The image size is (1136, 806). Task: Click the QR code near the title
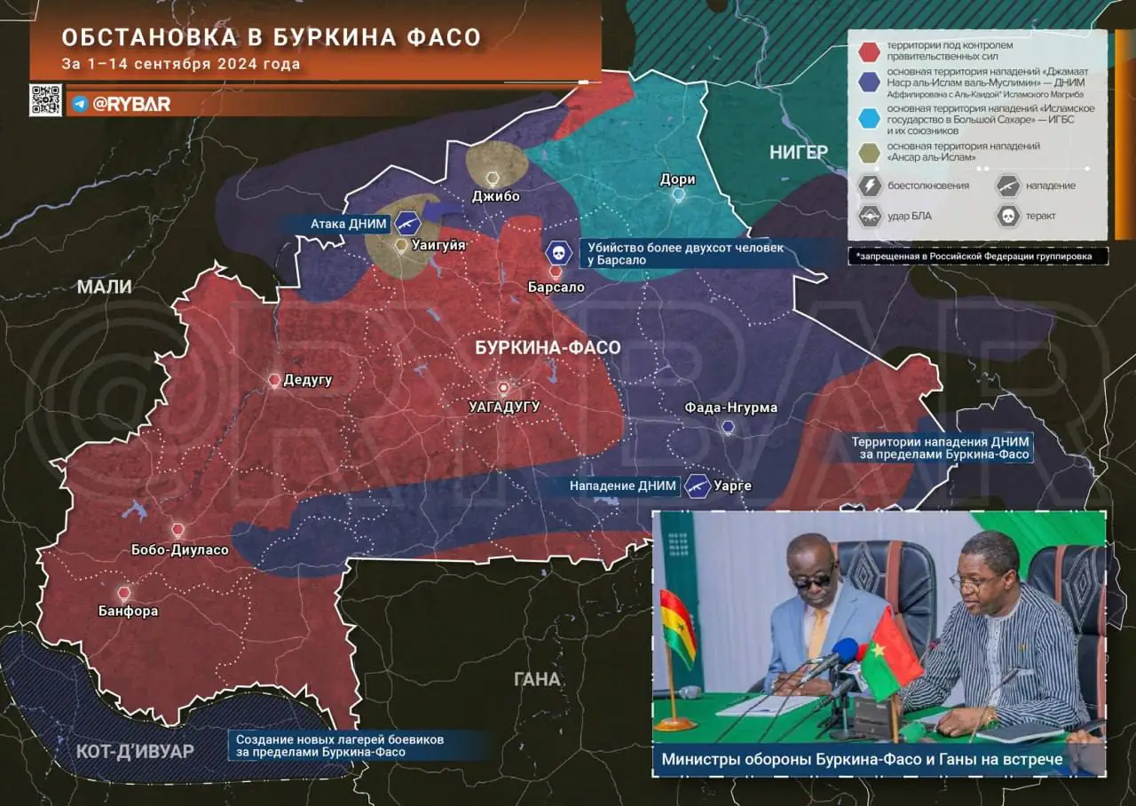click(x=45, y=99)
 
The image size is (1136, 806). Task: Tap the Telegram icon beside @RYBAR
click(x=80, y=104)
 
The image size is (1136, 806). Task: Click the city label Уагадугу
click(x=503, y=407)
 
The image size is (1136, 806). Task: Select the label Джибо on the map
click(x=495, y=196)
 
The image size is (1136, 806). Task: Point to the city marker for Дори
click(x=679, y=194)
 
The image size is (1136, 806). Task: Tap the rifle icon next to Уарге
click(x=698, y=486)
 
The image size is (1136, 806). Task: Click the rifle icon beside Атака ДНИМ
click(x=407, y=223)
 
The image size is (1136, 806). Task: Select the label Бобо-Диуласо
click(x=179, y=549)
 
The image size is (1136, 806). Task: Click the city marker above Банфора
click(x=124, y=592)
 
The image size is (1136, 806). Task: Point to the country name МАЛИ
click(x=104, y=287)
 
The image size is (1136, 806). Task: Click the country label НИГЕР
click(x=798, y=152)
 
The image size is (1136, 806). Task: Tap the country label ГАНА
click(x=537, y=679)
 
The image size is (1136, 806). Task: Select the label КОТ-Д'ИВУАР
click(x=135, y=751)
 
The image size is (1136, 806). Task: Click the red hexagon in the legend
click(x=870, y=51)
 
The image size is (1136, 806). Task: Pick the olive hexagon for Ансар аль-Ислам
click(x=870, y=151)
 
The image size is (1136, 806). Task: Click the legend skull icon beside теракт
click(x=1007, y=215)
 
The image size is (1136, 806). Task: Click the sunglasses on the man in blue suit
click(x=811, y=579)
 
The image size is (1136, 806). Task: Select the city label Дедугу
click(x=307, y=380)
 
